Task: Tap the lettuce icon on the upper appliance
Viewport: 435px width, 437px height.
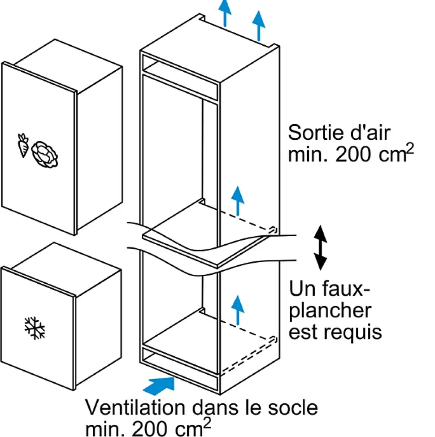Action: pos(44,154)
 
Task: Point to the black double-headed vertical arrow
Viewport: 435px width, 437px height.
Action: pos(320,247)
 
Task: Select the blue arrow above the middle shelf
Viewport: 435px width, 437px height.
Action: pos(238,200)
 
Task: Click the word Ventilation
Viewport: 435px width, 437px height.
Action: pos(135,408)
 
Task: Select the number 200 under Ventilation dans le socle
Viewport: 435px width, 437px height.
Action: pos(152,428)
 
